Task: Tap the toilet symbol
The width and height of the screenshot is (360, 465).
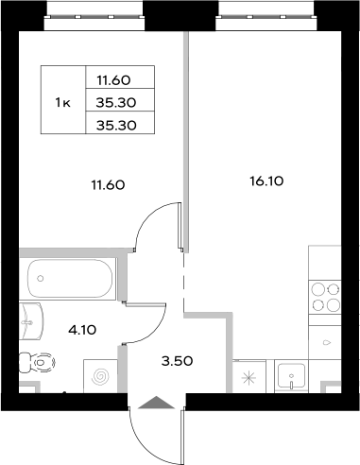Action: [x=36, y=361]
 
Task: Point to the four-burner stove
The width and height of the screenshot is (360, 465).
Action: [x=326, y=297]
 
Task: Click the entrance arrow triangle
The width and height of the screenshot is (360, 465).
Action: [x=155, y=402]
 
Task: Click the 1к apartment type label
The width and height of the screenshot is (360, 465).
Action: [x=62, y=102]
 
